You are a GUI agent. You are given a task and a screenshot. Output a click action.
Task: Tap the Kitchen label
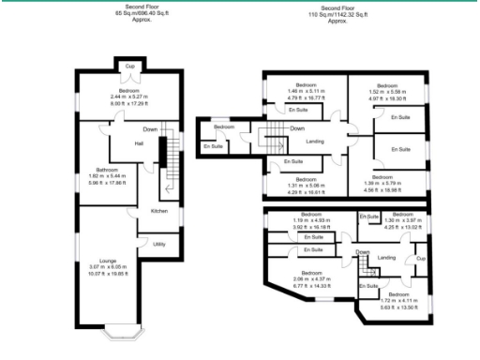pos(158,212)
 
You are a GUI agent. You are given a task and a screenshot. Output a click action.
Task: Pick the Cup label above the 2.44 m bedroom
pos(130,66)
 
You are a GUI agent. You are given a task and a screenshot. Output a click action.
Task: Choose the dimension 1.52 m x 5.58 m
pos(387,92)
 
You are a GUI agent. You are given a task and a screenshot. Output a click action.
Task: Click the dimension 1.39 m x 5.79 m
pos(382,183)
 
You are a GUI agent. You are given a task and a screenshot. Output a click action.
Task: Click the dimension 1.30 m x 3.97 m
pos(405,221)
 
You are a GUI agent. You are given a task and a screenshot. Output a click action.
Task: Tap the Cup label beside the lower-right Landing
pos(420,258)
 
